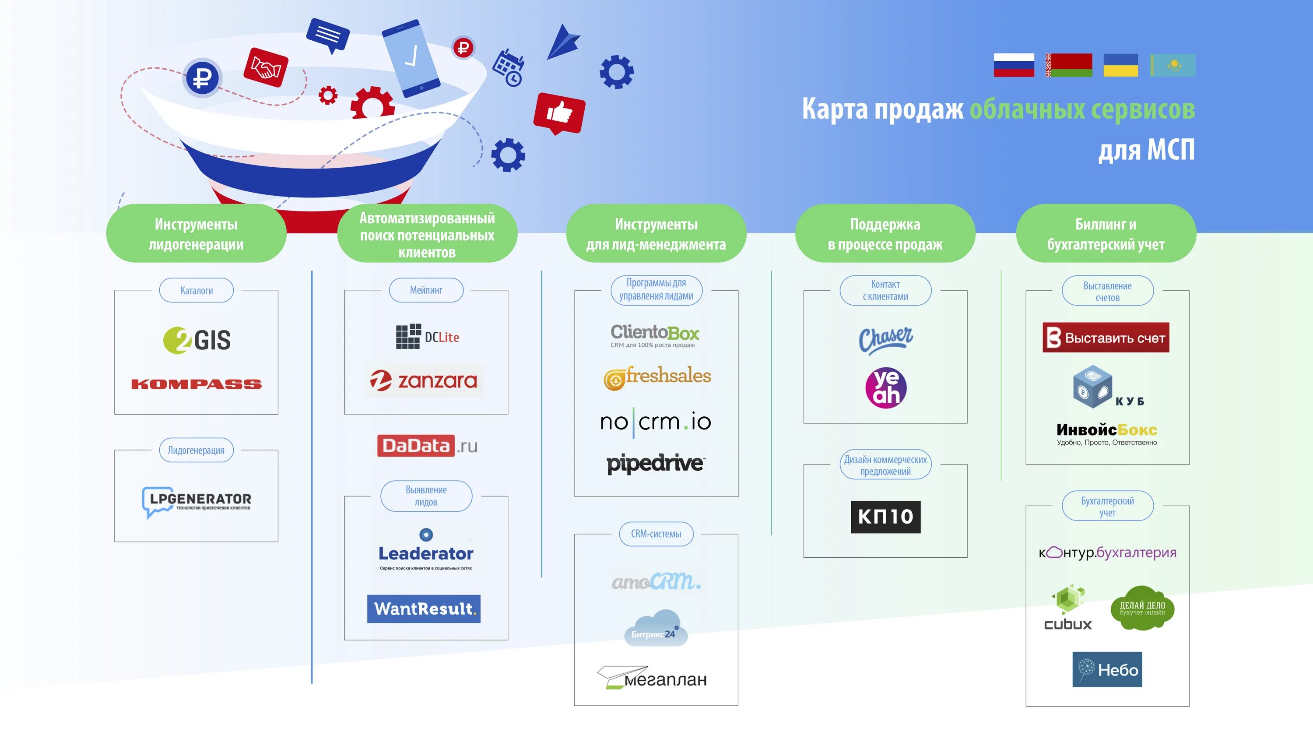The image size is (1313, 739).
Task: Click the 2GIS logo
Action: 197,340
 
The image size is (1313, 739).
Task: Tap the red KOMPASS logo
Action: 196,384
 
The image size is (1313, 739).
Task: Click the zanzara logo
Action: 424,381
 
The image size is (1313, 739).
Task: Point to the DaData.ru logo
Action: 427,446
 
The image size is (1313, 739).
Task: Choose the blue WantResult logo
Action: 424,609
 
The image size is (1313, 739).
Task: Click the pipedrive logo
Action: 656,464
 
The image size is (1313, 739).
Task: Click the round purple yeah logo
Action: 886,387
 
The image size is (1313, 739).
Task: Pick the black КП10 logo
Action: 885,517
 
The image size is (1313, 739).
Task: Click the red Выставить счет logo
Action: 1106,338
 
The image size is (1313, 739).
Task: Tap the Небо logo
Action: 1107,669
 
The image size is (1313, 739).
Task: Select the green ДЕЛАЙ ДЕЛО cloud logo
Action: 1142,608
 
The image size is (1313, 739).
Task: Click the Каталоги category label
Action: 196,291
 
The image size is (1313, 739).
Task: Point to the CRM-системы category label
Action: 656,534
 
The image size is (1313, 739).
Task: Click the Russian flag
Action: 1013,65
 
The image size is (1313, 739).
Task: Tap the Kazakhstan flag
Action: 1173,65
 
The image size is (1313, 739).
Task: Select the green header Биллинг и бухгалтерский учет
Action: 1106,234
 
